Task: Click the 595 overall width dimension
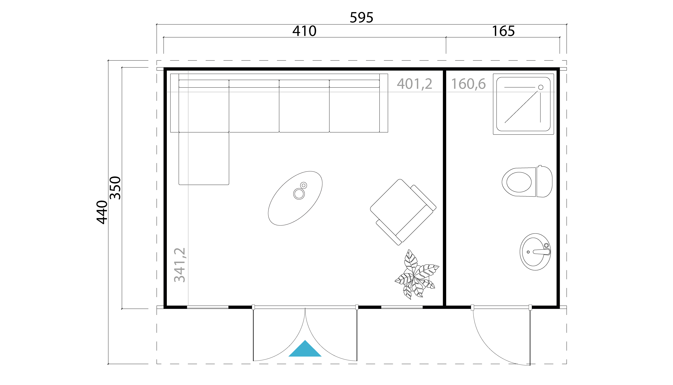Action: [361, 18]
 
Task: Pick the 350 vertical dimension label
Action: [115, 188]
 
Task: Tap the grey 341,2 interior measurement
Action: [180, 265]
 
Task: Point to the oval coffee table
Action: [295, 198]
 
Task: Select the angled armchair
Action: [403, 212]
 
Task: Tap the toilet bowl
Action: [519, 182]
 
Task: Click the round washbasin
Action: [535, 252]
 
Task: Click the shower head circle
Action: [541, 87]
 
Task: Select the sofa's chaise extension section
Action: [204, 158]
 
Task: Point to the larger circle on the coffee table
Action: [299, 194]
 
